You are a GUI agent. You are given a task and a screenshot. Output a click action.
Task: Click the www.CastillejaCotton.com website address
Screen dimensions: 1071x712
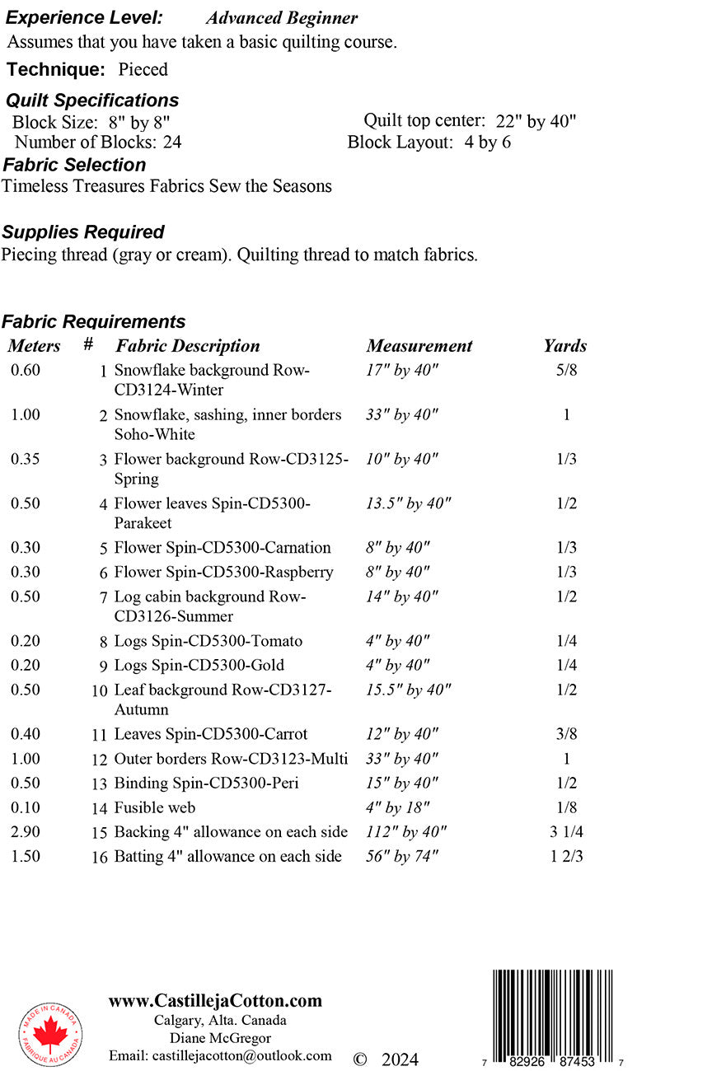click(x=215, y=1001)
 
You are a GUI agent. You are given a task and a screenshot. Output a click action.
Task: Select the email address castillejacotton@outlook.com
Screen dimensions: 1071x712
click(x=220, y=1055)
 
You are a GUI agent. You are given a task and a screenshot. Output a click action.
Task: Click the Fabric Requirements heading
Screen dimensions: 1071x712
click(x=94, y=321)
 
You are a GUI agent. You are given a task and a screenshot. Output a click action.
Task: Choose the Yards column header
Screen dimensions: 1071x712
click(x=565, y=346)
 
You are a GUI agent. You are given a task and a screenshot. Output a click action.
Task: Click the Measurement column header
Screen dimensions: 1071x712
click(x=419, y=346)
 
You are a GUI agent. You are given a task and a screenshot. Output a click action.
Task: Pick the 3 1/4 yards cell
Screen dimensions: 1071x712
click(x=566, y=832)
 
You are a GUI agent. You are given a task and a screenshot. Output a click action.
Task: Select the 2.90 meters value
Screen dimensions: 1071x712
click(x=26, y=832)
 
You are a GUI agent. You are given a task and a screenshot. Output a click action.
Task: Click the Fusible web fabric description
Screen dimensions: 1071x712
click(x=155, y=807)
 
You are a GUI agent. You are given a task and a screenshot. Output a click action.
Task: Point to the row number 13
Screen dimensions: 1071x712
click(x=100, y=784)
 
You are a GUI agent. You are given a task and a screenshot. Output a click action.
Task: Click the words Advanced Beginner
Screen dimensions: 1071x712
click(x=282, y=18)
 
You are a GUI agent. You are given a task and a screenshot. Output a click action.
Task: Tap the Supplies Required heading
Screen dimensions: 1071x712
click(x=83, y=232)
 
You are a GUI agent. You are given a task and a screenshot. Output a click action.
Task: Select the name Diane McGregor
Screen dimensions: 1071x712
click(x=220, y=1038)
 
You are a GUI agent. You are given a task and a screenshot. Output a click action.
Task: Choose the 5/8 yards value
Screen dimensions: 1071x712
click(x=566, y=370)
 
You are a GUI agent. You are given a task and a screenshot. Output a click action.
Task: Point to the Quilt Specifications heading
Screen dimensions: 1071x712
click(x=92, y=101)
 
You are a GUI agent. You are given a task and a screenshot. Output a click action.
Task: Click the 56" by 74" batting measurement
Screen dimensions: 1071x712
click(x=402, y=857)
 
